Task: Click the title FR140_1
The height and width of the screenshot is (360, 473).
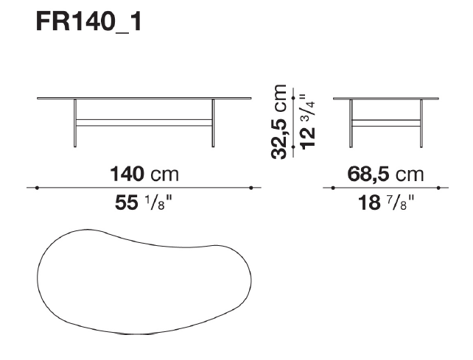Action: coord(88,21)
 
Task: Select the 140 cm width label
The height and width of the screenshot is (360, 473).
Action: coord(144,174)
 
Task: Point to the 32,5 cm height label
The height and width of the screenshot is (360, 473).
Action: coord(278,121)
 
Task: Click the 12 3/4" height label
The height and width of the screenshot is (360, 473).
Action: coord(307,121)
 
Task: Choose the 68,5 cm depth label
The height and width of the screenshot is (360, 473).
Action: coord(385,174)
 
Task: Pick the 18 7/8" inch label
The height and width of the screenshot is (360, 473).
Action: coord(386,202)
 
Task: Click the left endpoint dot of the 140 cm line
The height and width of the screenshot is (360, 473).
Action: coord(37,188)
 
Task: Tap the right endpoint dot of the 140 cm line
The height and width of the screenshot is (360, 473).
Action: coord(251,188)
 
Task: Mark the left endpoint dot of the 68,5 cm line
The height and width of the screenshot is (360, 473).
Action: coord(333,188)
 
